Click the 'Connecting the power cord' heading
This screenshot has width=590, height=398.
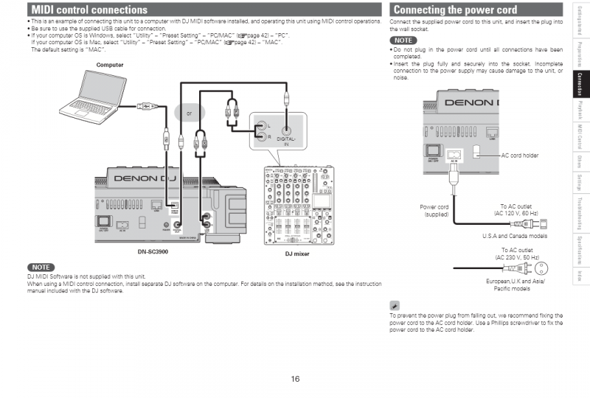coord(455,10)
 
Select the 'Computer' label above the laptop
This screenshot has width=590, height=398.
coord(110,65)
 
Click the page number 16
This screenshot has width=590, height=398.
coord(295,379)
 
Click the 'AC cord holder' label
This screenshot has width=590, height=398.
coord(519,156)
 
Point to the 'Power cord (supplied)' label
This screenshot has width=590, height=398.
coord(434,210)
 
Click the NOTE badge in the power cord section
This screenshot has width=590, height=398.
coord(403,40)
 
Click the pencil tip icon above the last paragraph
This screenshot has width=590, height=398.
coord(395,304)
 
